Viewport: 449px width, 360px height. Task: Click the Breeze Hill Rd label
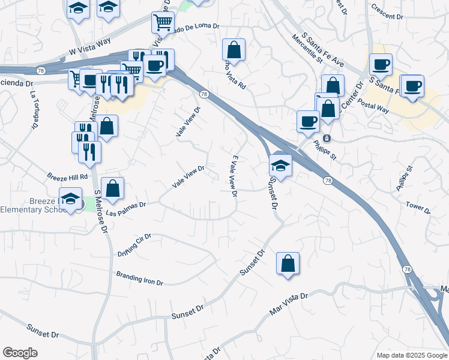click(x=67, y=176)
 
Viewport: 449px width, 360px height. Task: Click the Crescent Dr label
click(x=387, y=12)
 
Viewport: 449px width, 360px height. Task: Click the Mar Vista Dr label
click(x=288, y=304)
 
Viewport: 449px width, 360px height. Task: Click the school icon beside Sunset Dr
click(x=280, y=164)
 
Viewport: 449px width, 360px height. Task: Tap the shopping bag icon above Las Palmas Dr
click(x=112, y=188)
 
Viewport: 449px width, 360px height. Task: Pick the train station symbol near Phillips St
click(x=327, y=139)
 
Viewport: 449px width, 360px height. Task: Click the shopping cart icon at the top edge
click(x=163, y=23)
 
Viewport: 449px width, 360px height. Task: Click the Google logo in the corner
click(x=20, y=353)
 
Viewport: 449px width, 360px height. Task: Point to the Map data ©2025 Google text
click(x=411, y=355)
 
